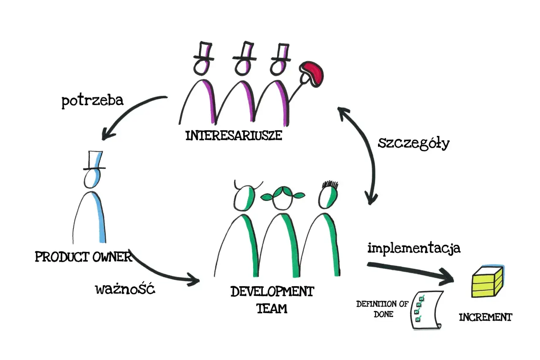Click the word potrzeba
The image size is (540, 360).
click(92, 101)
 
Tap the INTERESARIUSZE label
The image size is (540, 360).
click(234, 135)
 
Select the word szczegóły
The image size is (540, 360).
click(414, 144)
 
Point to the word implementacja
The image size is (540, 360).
click(414, 248)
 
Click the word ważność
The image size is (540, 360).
click(125, 289)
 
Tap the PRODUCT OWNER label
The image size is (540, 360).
click(84, 257)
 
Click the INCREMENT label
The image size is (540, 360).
click(486, 317)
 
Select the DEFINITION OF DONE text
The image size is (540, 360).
click(383, 309)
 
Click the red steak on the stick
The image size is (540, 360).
click(311, 74)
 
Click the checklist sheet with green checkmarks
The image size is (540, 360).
click(427, 310)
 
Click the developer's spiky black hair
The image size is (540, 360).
click(330, 185)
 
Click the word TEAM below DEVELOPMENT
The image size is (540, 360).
click(272, 309)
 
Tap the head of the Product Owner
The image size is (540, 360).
click(92, 179)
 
